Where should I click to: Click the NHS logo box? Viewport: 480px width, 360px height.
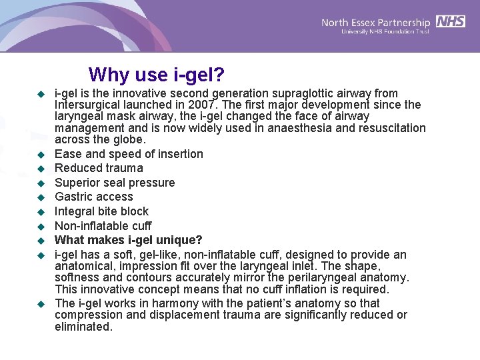pos(451,21)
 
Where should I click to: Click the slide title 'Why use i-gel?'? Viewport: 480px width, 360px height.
pos(157,74)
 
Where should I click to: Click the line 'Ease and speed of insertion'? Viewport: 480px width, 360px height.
pos(129,154)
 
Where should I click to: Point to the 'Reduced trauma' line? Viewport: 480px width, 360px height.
pos(99,168)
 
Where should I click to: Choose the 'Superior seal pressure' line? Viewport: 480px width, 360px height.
pos(115,183)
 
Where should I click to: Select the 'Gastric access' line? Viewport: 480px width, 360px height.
pos(94,197)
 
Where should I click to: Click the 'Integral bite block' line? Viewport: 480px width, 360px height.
pos(101,211)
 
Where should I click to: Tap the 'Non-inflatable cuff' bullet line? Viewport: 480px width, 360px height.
pos(103,226)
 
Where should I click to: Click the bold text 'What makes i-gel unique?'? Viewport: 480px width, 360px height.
pos(128,240)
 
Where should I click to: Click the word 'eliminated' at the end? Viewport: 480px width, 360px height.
pos(83,327)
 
